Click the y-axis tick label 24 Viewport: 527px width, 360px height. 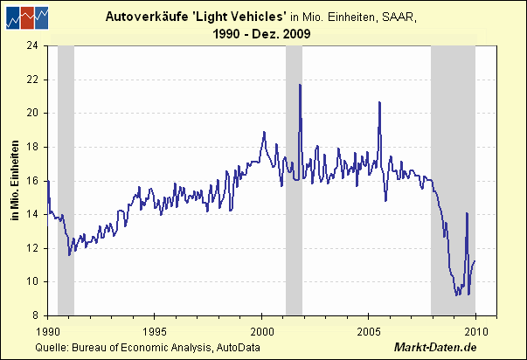tap(35, 45)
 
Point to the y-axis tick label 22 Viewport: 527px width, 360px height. tap(35, 79)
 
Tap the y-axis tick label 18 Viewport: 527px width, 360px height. tap(35, 146)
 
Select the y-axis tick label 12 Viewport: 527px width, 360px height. tap(35, 247)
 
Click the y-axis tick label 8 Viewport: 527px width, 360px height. tap(38, 315)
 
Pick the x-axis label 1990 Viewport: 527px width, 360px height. tap(47, 332)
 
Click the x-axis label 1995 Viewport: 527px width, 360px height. tap(154, 332)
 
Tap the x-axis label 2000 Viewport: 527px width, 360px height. tap(261, 332)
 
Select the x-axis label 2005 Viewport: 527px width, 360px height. tap(368, 332)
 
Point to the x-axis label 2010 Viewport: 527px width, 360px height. tap(475, 332)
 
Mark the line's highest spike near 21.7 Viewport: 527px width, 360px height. tap(300, 85)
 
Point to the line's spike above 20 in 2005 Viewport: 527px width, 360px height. tap(379, 102)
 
